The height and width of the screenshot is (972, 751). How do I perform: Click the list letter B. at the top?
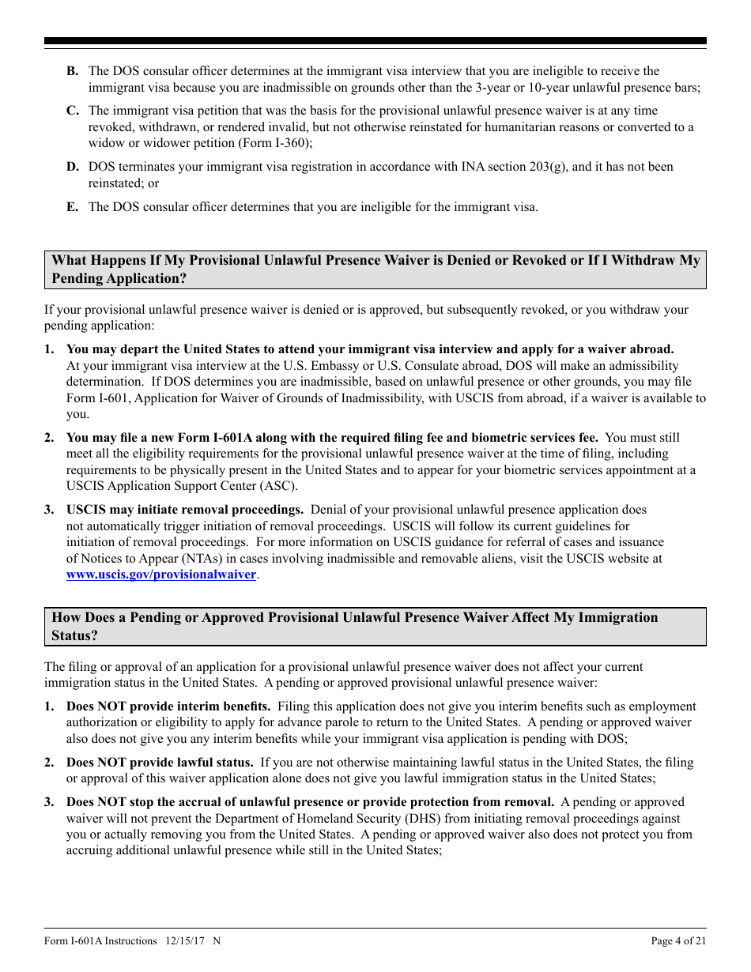coord(72,72)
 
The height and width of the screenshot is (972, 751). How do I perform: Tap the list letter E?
coord(72,207)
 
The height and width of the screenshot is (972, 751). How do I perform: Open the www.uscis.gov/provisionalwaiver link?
coord(160,575)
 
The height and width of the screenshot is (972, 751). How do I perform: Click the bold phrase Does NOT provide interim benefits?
coord(168,706)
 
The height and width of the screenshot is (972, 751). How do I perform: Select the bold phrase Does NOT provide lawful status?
coord(160,763)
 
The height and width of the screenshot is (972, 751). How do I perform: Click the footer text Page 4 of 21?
coord(678,940)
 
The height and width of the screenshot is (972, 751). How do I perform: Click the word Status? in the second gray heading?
coord(74,635)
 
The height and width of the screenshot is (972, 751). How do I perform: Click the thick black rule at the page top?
coord(375,41)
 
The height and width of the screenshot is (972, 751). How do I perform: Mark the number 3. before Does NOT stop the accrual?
coord(49,803)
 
